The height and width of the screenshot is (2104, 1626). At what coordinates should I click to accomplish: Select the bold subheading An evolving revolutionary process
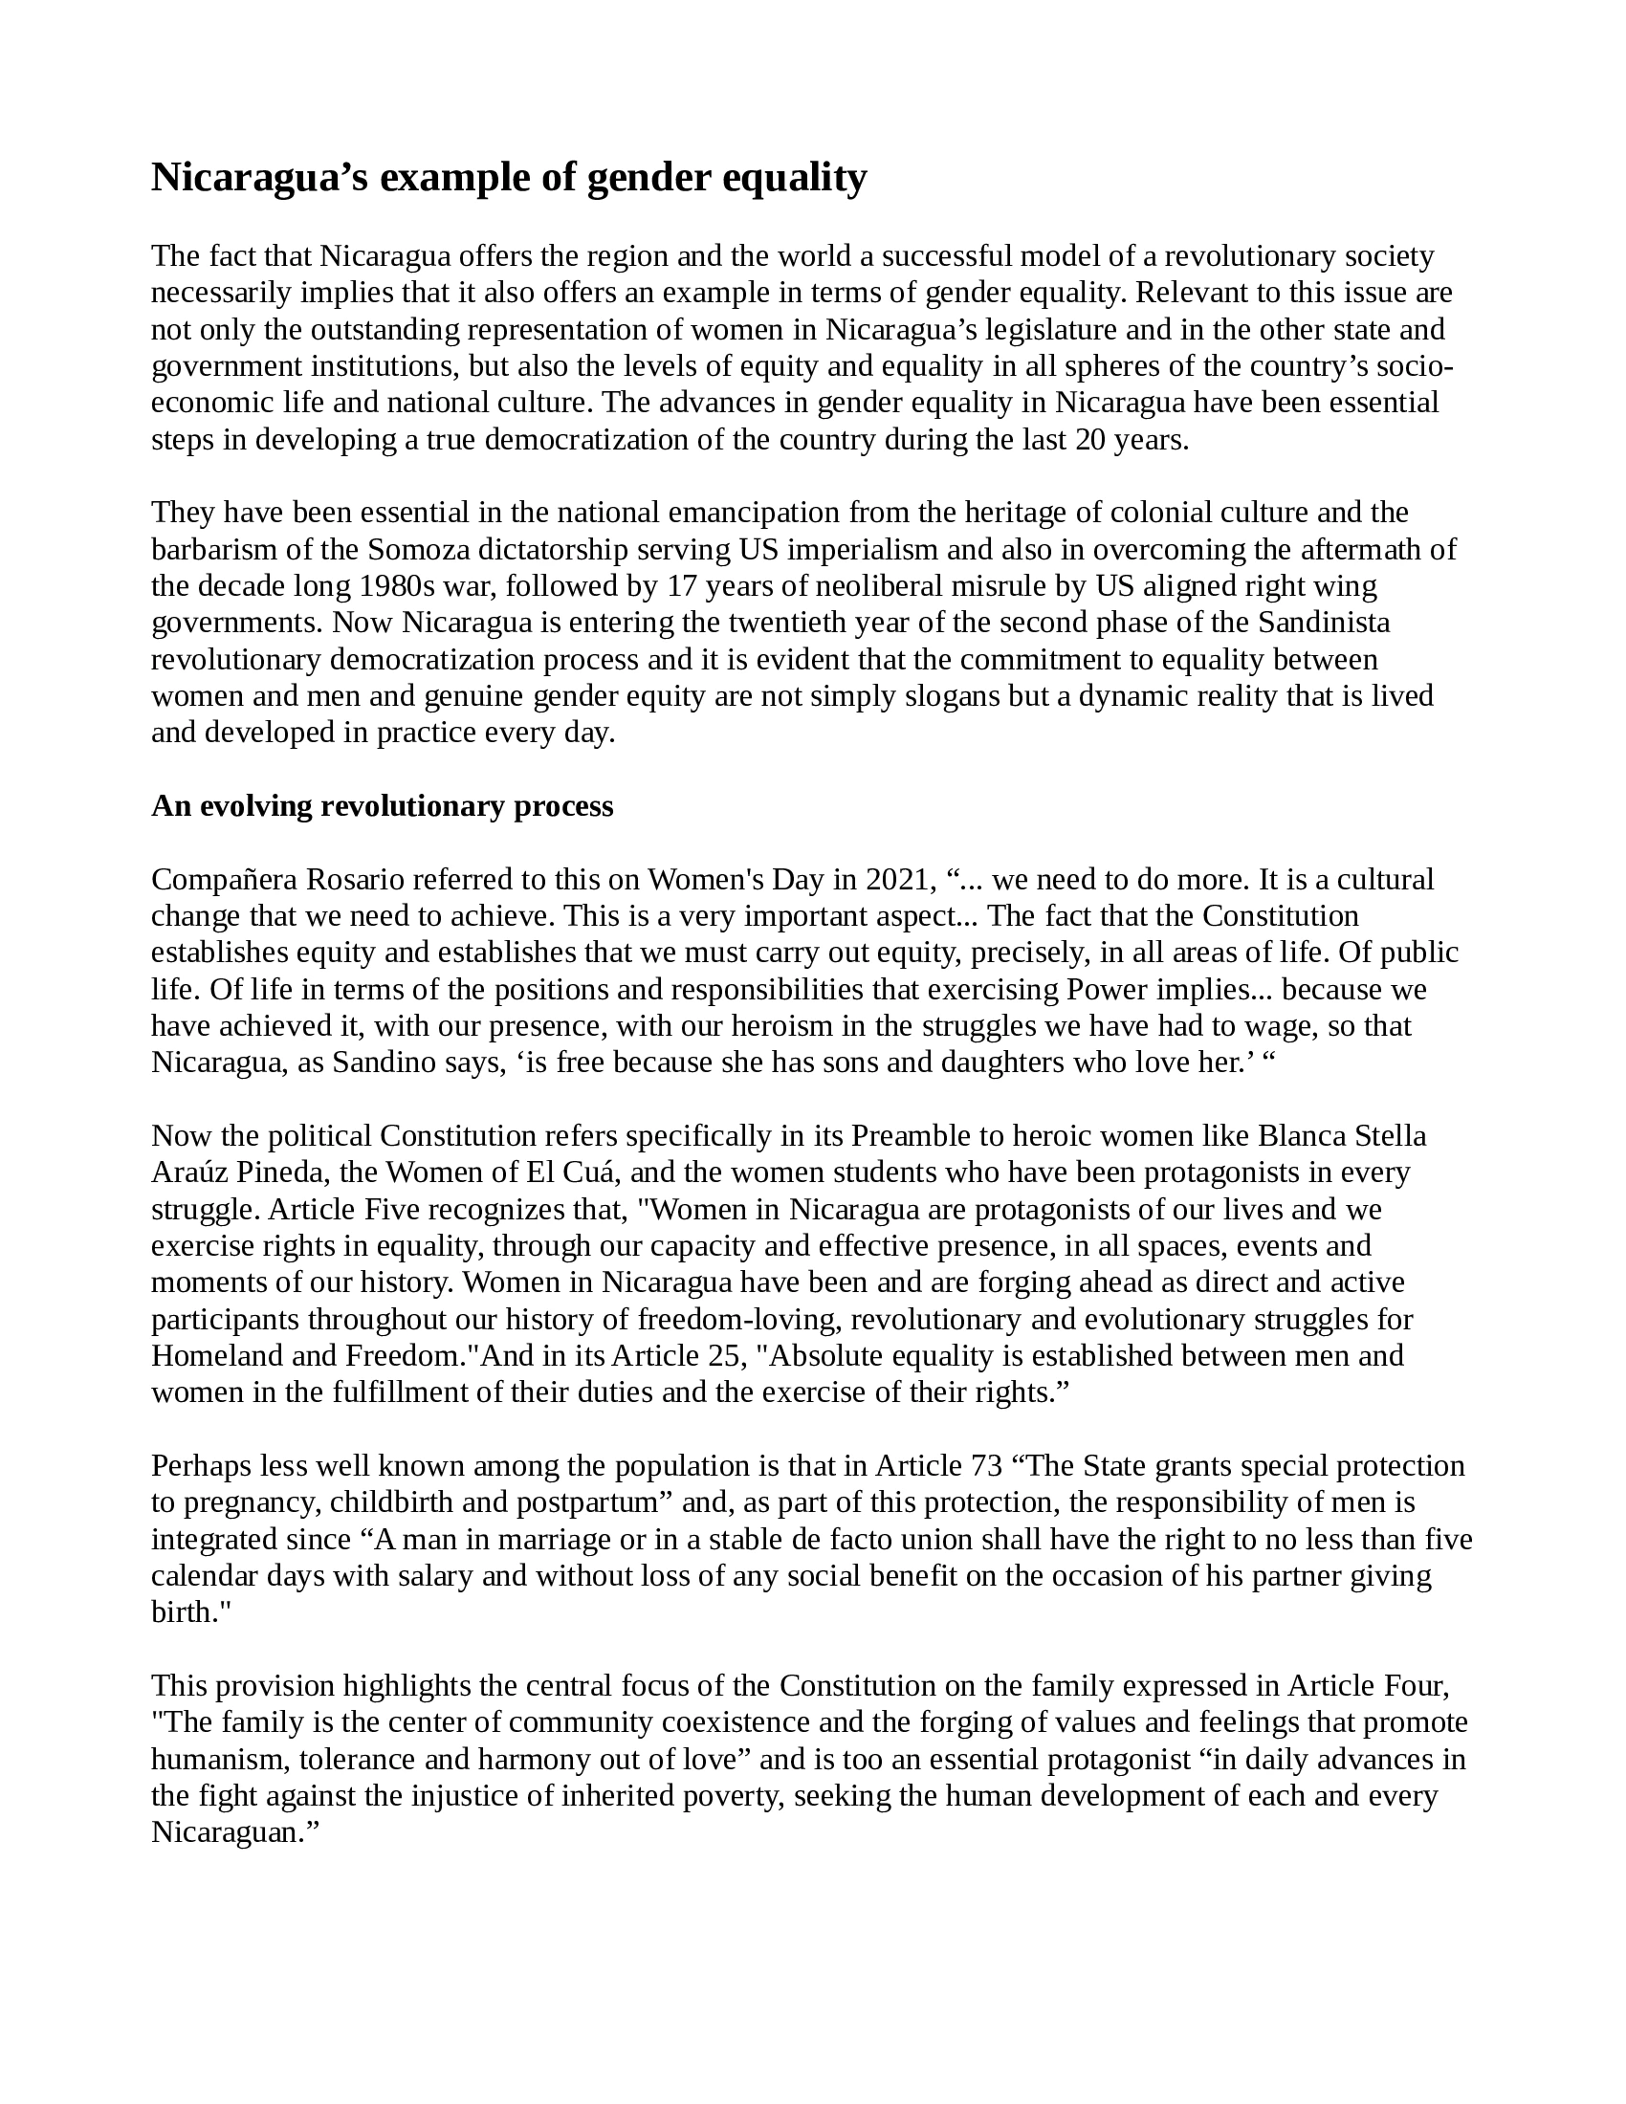(383, 805)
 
